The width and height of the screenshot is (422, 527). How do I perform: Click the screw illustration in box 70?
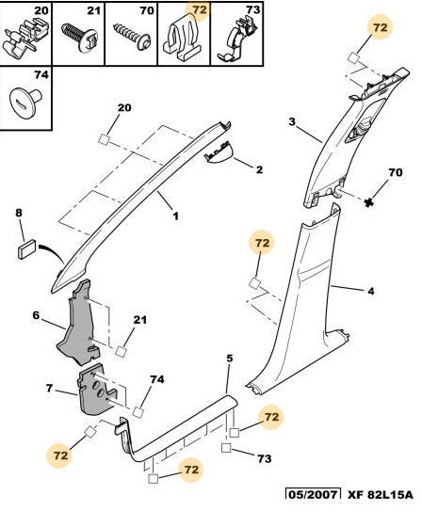pyautogui.click(x=132, y=37)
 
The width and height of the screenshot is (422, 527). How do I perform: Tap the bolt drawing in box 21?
pyautogui.click(x=79, y=37)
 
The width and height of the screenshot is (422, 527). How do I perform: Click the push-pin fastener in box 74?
pyautogui.click(x=24, y=102)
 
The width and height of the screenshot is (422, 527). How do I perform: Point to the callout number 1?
pyautogui.click(x=175, y=216)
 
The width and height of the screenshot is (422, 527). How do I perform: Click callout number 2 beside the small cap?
pyautogui.click(x=259, y=169)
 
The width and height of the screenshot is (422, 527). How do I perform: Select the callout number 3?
pyautogui.click(x=292, y=121)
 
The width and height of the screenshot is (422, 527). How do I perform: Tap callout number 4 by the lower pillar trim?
pyautogui.click(x=370, y=291)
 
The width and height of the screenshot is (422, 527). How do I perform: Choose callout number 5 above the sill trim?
pyautogui.click(x=230, y=359)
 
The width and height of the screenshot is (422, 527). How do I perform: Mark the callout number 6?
pyautogui.click(x=36, y=315)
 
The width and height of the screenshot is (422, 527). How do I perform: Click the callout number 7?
pyautogui.click(x=50, y=388)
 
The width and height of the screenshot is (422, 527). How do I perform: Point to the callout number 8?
pyautogui.click(x=19, y=213)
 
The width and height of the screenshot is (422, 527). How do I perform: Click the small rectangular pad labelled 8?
pyautogui.click(x=27, y=248)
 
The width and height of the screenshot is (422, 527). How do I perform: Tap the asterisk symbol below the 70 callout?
pyautogui.click(x=369, y=202)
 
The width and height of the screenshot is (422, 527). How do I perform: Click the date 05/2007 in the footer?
pyautogui.click(x=313, y=495)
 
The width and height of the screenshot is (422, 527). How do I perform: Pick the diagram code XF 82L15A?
pyautogui.click(x=380, y=495)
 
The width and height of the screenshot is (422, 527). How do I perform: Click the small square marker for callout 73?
pyautogui.click(x=226, y=448)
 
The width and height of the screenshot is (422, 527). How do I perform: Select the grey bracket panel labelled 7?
pyautogui.click(x=96, y=390)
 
